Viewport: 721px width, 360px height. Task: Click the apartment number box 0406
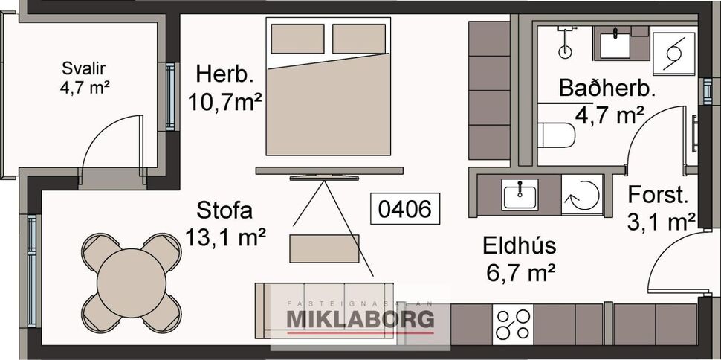pyautogui.click(x=406, y=210)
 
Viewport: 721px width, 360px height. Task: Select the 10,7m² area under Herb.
pyautogui.click(x=225, y=102)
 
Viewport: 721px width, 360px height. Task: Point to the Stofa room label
pyautogui.click(x=225, y=210)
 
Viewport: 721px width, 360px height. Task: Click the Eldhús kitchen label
pyautogui.click(x=519, y=245)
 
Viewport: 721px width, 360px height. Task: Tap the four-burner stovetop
pyautogui.click(x=514, y=323)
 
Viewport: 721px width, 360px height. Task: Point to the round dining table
pyautogui.click(x=132, y=283)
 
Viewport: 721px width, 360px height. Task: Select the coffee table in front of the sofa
pyautogui.click(x=324, y=248)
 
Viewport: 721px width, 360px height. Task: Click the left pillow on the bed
pyautogui.click(x=297, y=39)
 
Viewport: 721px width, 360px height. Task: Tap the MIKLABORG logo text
pyautogui.click(x=360, y=320)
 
